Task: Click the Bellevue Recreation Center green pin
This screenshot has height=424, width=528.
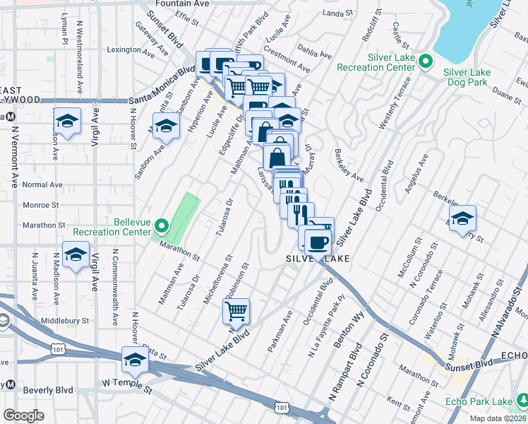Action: [x=162, y=227]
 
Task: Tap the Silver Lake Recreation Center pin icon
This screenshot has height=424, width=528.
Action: [x=426, y=61]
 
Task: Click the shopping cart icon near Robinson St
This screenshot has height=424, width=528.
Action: [x=236, y=311]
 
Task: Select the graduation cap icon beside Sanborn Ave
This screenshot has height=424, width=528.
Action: [x=166, y=127]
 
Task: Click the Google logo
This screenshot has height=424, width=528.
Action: [x=23, y=415]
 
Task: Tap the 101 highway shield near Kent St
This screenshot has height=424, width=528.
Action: [x=282, y=408]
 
